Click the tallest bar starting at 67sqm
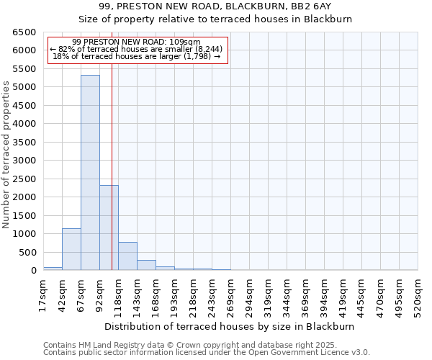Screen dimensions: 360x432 pyautogui.click(x=90, y=173)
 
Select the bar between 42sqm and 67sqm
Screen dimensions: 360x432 pyautogui.click(x=71, y=249)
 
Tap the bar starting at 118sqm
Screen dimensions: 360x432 pyautogui.click(x=127, y=256)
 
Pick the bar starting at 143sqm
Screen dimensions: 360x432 pyautogui.click(x=146, y=265)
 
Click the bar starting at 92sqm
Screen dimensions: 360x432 pyautogui.click(x=109, y=228)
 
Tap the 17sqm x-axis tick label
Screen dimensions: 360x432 pyautogui.click(x=43, y=294)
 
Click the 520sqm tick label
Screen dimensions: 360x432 pyautogui.click(x=418, y=294)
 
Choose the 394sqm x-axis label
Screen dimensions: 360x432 pyautogui.click(x=324, y=294)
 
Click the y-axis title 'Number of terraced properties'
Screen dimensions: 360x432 pyautogui.click(x=7, y=155)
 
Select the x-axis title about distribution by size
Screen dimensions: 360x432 pyautogui.click(x=230, y=326)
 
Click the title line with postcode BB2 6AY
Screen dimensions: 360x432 pyautogui.click(x=230, y=6)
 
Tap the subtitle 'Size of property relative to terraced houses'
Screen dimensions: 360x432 pyautogui.click(x=230, y=19)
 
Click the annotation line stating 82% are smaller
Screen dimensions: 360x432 pyautogui.click(x=137, y=49)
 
